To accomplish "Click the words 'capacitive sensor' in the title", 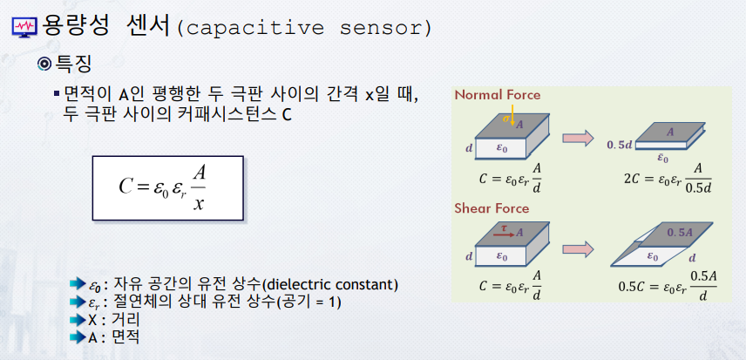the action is (x=304, y=28).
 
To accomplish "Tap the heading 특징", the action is (x=75, y=64).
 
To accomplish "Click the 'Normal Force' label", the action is (x=498, y=95).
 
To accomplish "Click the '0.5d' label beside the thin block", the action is (x=620, y=143).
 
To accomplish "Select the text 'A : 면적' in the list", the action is (x=115, y=336).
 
